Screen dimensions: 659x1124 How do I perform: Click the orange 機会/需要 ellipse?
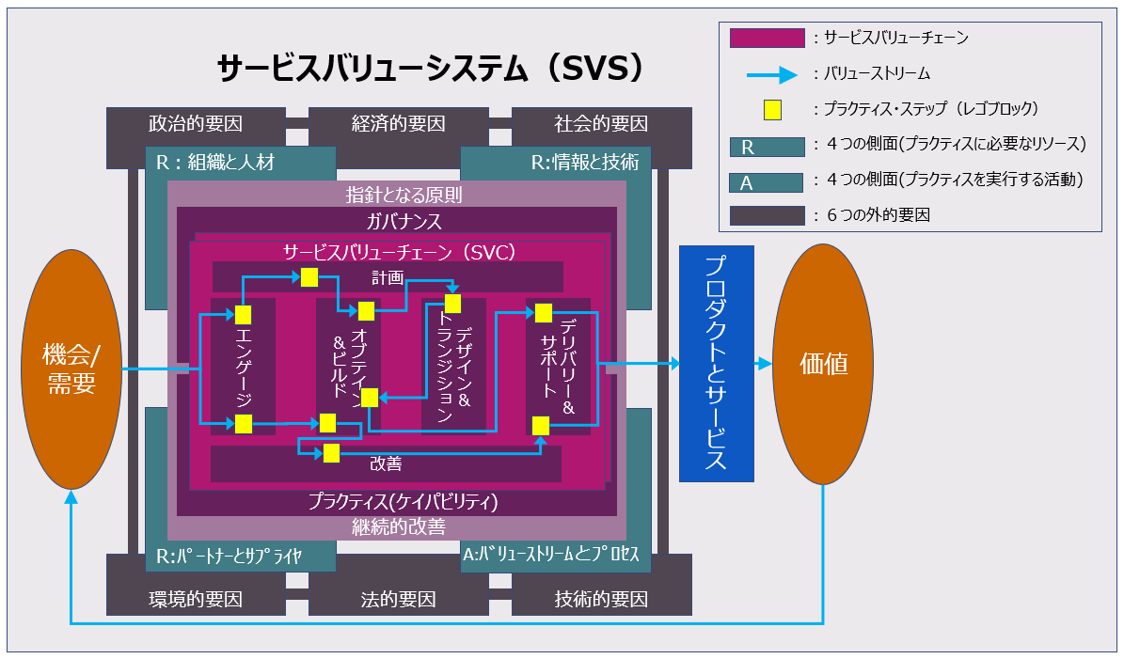(x=71, y=368)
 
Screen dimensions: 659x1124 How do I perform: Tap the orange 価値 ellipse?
(x=823, y=365)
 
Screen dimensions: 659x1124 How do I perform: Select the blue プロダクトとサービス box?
(x=716, y=363)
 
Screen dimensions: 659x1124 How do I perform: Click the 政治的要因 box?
(x=196, y=123)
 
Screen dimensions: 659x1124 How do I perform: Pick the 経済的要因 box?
(x=398, y=123)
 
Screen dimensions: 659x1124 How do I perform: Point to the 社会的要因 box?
(x=601, y=123)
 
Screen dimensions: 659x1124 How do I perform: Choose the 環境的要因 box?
(x=196, y=599)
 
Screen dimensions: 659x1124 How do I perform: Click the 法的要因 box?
(x=398, y=599)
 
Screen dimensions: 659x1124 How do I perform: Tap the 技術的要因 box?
(x=601, y=599)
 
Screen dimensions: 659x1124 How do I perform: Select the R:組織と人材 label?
(x=215, y=163)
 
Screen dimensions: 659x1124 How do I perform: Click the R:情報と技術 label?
(x=584, y=163)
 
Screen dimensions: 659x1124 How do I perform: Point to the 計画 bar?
(x=388, y=277)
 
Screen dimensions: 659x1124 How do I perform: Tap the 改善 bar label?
(x=386, y=463)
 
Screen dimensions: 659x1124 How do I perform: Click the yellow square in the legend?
(x=772, y=109)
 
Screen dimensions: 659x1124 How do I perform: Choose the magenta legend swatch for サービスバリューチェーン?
(x=767, y=38)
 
